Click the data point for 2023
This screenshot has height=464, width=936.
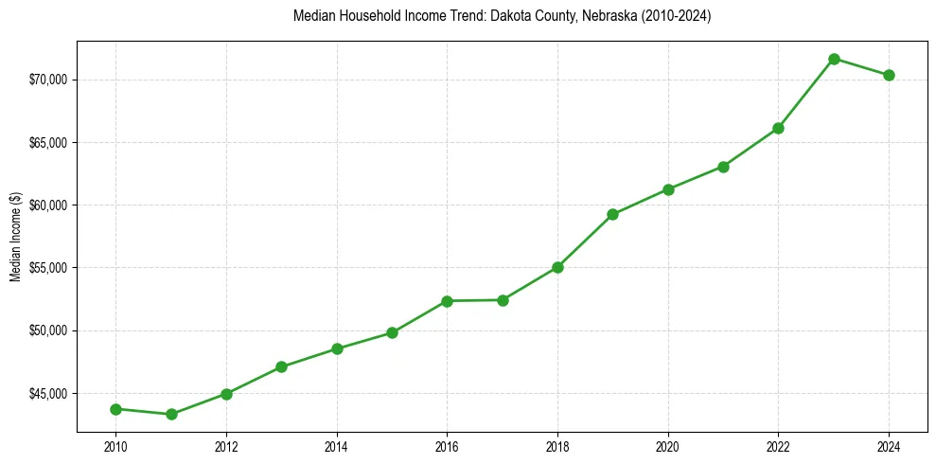click(834, 59)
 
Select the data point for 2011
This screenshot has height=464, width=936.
click(171, 414)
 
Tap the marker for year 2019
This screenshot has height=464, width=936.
click(612, 214)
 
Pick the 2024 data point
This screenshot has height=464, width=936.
click(889, 75)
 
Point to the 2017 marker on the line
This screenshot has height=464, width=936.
click(503, 300)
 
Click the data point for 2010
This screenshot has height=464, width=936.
click(115, 409)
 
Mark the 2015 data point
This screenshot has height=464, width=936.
click(392, 332)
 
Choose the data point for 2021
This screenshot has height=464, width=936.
click(723, 167)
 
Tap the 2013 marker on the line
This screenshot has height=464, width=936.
click(281, 366)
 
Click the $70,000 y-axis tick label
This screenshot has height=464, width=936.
click(47, 80)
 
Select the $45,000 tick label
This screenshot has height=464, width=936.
click(47, 394)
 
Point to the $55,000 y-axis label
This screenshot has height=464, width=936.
click(47, 268)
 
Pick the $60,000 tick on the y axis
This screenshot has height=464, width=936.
click(47, 205)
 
